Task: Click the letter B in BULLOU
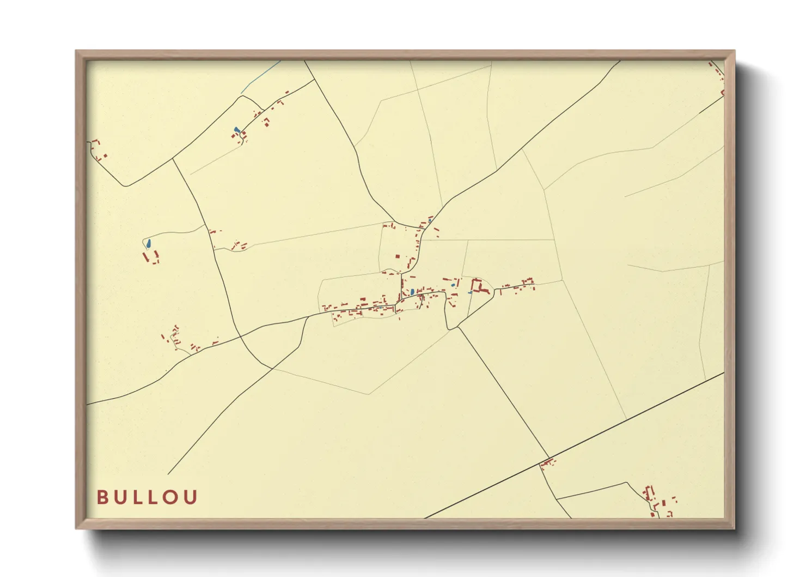(102, 497)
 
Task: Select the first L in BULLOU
(137, 497)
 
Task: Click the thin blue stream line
(260, 76)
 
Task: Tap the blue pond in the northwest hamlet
(236, 130)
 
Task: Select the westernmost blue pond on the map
(148, 243)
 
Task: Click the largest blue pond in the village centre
(412, 292)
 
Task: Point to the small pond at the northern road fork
(430, 221)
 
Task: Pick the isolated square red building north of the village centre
(398, 256)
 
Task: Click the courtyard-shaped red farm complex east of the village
(479, 287)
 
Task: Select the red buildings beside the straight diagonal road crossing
(547, 464)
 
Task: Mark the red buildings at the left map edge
(98, 150)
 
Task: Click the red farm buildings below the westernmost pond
(151, 256)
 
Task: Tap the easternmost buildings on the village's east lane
(527, 283)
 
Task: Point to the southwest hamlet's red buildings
(180, 338)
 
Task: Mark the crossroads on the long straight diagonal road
(549, 458)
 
